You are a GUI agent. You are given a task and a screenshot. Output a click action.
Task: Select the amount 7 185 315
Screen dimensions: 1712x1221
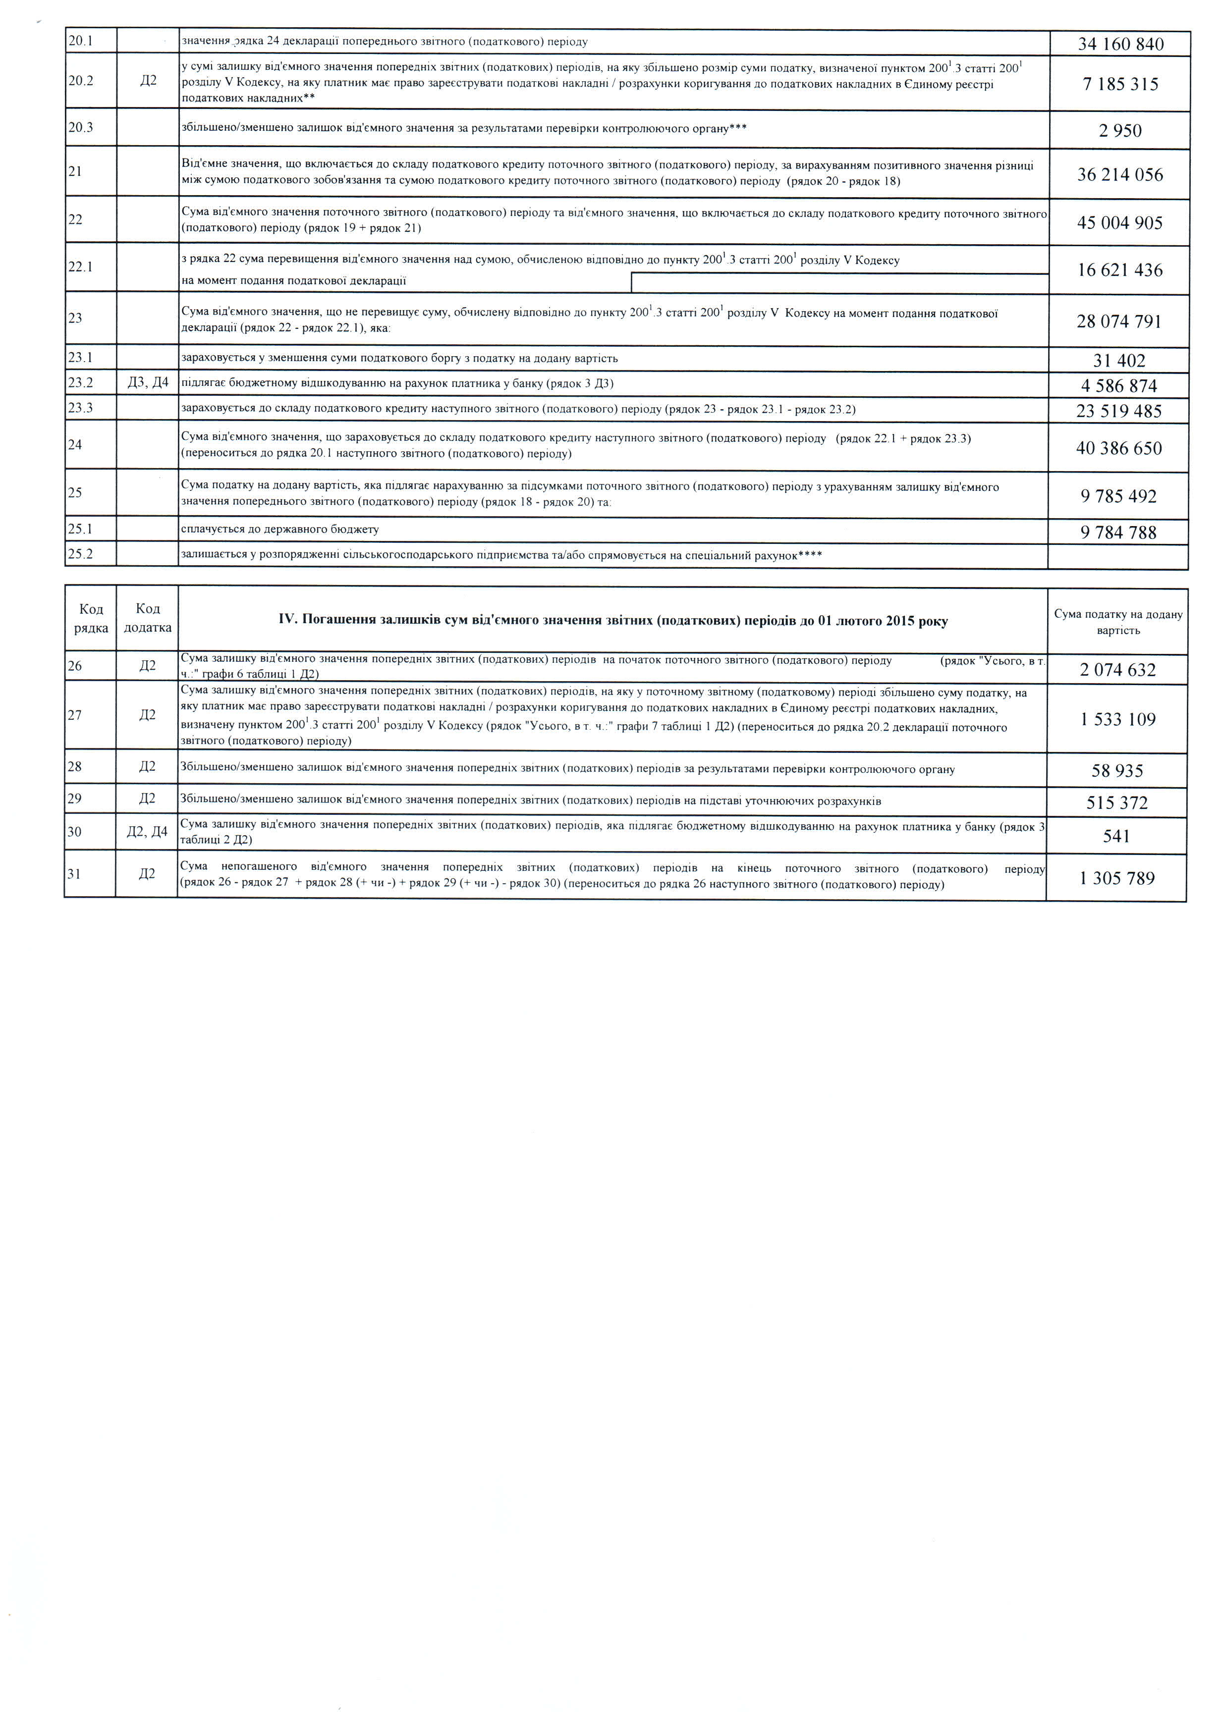click(x=1120, y=84)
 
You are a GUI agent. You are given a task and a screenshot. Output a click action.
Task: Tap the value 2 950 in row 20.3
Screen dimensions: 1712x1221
click(x=1120, y=131)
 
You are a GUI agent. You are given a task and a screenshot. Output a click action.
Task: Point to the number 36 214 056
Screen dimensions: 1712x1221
click(x=1120, y=175)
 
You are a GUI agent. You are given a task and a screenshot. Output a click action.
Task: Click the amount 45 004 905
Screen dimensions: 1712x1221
click(x=1120, y=223)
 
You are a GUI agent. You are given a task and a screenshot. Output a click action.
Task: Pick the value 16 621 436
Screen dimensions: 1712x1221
click(x=1120, y=270)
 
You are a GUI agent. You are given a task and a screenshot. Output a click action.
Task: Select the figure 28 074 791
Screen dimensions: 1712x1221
click(x=1119, y=321)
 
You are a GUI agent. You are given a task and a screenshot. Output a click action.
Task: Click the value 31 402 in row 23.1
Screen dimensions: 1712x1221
click(x=1119, y=361)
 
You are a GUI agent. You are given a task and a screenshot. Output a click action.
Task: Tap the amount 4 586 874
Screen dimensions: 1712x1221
click(x=1119, y=386)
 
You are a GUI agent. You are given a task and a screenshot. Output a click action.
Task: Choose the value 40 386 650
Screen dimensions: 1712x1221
click(x=1119, y=449)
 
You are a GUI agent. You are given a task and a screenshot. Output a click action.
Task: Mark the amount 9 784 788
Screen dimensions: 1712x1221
click(x=1119, y=533)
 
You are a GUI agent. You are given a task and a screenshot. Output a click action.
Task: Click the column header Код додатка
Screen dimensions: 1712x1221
click(x=147, y=618)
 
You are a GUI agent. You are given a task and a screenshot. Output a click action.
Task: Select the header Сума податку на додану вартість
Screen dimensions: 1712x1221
click(x=1118, y=622)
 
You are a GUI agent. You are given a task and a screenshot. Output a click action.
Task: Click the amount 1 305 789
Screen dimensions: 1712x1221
click(x=1117, y=878)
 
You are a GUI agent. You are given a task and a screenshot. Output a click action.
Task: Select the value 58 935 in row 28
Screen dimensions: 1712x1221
click(x=1117, y=771)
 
